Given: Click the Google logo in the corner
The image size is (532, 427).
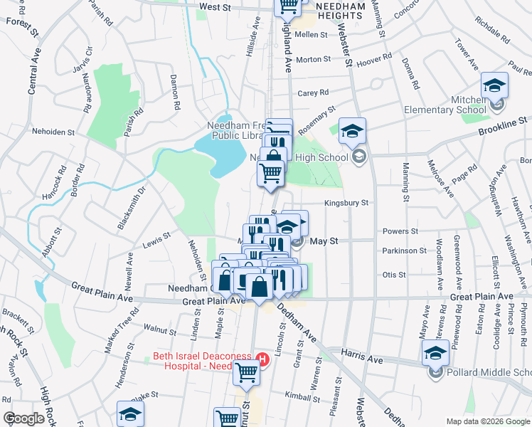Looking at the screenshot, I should pos(23,419).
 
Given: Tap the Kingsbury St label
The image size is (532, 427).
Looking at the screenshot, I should pos(346,203).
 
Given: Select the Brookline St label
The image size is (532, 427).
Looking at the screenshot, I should pos(504,123).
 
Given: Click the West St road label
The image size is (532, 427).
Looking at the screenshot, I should pos(216,6).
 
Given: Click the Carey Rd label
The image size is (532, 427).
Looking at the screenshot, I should pos(313,93).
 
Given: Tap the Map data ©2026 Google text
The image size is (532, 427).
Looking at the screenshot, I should pos(487,421).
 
